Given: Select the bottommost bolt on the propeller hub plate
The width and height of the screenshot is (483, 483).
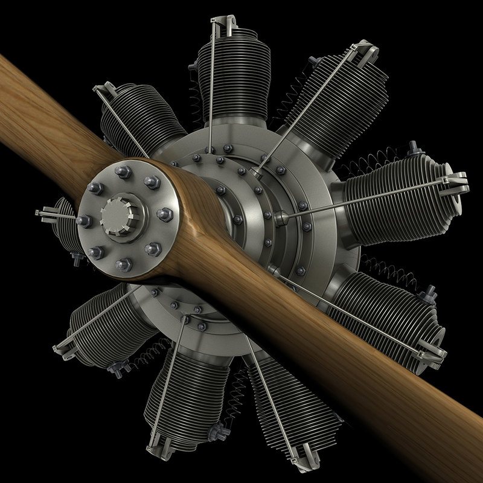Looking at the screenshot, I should click(x=124, y=263).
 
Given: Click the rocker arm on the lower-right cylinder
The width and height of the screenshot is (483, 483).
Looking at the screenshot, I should click(x=432, y=352).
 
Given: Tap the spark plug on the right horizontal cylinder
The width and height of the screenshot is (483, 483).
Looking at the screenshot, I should click(x=414, y=147).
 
